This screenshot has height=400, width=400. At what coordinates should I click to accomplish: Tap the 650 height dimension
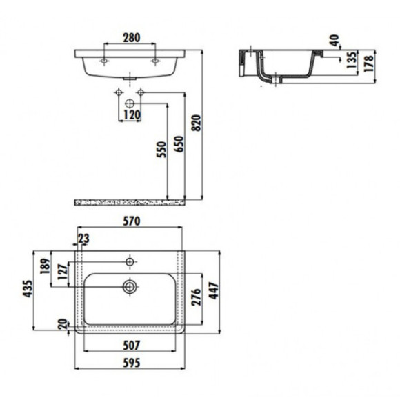[179, 143]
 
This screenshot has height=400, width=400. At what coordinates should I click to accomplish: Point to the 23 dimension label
[83, 239]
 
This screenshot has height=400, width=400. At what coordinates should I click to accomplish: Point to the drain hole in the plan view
[129, 286]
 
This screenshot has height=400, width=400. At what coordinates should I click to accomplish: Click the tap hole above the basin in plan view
[129, 262]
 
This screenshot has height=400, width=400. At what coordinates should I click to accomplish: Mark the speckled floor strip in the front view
[130, 202]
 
